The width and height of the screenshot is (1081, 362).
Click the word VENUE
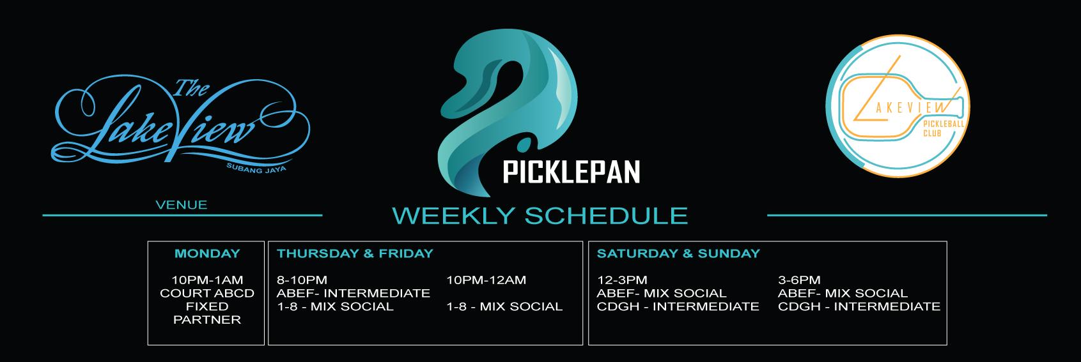point(182,205)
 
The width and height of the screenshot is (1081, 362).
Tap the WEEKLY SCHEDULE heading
point(540,215)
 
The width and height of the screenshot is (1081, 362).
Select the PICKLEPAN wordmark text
point(572,172)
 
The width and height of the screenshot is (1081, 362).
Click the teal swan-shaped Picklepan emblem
point(507,112)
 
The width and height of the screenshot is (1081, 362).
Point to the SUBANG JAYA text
point(256,169)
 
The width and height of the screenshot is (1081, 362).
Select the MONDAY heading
point(207,253)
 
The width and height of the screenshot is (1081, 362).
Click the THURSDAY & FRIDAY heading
point(355,253)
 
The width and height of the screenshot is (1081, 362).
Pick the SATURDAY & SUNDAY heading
point(678,253)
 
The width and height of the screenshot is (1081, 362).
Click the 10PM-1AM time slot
point(207,280)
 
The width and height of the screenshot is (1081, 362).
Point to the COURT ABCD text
point(207,293)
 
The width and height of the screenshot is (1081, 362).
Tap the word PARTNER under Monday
point(207,320)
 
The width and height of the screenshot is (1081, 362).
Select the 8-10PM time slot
point(302,280)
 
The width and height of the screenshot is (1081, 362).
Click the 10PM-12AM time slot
point(486,280)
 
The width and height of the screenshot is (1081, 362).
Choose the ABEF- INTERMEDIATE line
point(354,293)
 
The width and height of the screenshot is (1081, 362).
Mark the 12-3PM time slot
point(622,280)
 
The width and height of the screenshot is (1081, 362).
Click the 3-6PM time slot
point(799,280)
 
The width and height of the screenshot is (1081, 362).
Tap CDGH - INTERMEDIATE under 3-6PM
point(859,306)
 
